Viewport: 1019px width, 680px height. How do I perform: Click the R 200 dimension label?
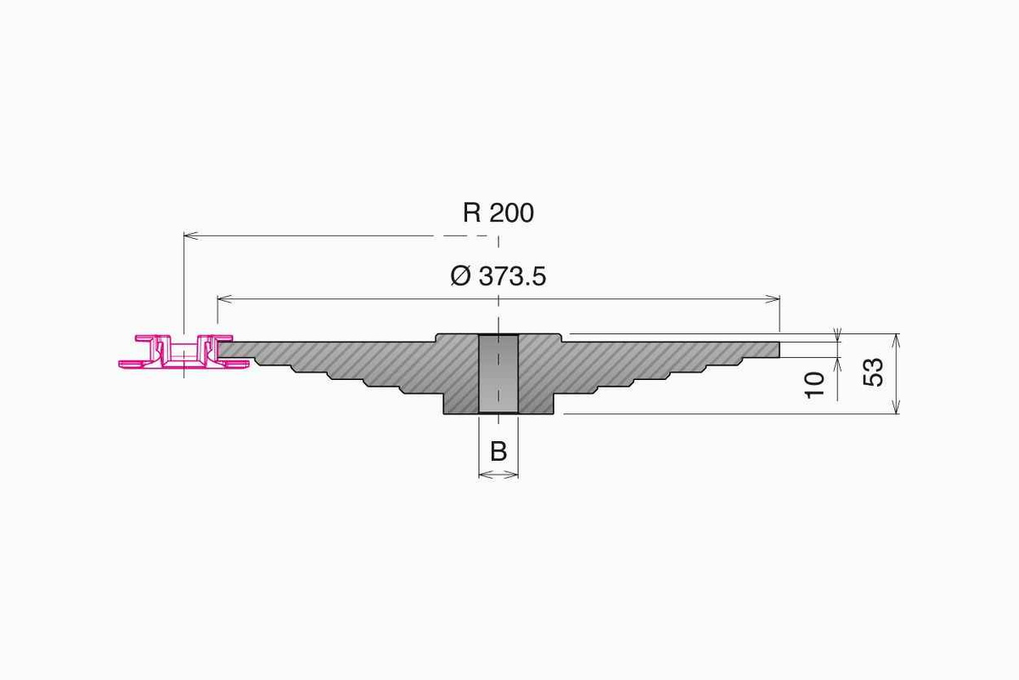[x=498, y=212]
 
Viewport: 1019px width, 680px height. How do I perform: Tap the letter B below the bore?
[x=498, y=451]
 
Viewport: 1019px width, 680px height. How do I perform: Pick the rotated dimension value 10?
[x=814, y=383]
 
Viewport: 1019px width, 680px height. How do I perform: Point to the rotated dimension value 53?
[x=873, y=372]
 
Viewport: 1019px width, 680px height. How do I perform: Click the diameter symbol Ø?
[x=460, y=276]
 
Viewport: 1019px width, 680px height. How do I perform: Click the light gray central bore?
[x=498, y=374]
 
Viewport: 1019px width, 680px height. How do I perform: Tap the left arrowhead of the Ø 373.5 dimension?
[x=222, y=298]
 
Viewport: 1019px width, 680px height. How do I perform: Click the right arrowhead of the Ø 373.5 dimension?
[x=774, y=298]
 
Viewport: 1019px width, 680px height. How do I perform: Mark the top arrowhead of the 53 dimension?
[x=898, y=338]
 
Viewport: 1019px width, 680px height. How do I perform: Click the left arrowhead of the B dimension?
[x=482, y=474]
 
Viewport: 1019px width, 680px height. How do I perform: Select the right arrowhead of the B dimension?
[x=514, y=474]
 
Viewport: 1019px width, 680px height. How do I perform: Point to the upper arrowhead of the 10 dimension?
[x=838, y=336]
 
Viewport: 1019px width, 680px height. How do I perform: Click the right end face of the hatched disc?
[x=779, y=349]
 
